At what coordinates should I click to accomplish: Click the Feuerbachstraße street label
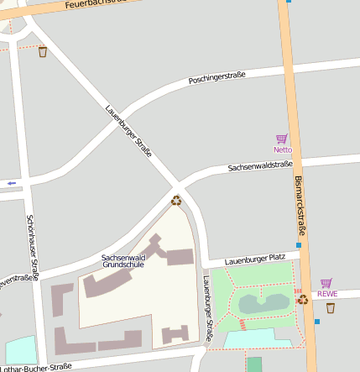pos(98,4)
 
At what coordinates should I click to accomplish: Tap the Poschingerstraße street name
pos(217,77)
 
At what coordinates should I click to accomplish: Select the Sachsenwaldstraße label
pos(260,167)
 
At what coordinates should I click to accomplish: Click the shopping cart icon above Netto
pos(282,139)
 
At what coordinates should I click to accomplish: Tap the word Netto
pos(282,149)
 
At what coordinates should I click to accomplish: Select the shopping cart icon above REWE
pos(326,283)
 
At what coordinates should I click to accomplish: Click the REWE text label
pos(326,294)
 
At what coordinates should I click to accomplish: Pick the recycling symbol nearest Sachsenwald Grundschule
pos(176,200)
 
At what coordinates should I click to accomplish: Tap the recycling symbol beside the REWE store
pos(303,298)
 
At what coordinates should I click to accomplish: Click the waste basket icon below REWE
pos(330,308)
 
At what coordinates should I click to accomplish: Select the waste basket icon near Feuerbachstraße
pos(43,52)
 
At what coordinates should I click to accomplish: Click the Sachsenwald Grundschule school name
pos(123,260)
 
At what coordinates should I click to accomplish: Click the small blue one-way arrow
pos(11,182)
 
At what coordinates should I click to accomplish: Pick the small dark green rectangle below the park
pos(254,364)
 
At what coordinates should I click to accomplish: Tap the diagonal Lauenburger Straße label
pos(128,132)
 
